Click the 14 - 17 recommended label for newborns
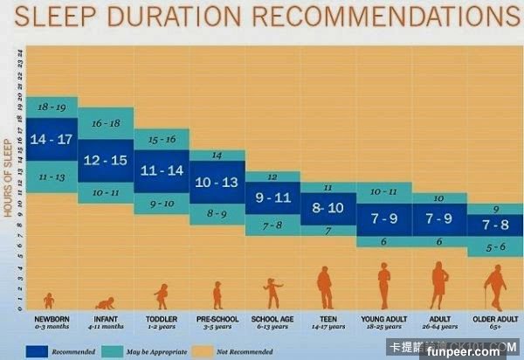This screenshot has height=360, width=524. click(51, 140)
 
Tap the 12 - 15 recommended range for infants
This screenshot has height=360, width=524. click(106, 160)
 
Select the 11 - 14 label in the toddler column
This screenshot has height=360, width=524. click(161, 170)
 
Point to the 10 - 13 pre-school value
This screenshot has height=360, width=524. click(217, 183)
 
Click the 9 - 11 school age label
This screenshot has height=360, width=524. click(272, 198)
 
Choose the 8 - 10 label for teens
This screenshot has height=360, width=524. click(327, 208)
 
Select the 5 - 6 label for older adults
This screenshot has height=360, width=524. click(494, 249)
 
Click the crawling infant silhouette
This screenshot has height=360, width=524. click(106, 302)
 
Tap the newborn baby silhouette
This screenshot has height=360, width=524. click(49, 301)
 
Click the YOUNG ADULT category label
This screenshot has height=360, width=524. click(383, 319)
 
